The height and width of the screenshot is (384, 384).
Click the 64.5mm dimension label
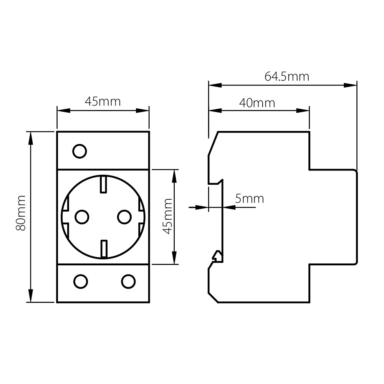pyautogui.click(x=286, y=76)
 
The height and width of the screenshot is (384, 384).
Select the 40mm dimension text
pyautogui.click(x=257, y=103)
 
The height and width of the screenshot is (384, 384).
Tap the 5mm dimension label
pyautogui.click(x=250, y=199)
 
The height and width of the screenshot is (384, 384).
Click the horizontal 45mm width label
pyautogui.click(x=103, y=101)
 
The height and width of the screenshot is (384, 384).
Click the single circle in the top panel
pyautogui.click(x=79, y=151)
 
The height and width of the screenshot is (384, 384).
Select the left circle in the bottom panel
pyautogui.click(x=81, y=281)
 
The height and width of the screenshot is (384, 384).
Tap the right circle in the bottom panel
pyautogui.click(x=128, y=281)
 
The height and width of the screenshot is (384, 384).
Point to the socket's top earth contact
pyautogui.click(x=103, y=184)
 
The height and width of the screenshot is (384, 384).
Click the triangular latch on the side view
pyautogui.click(x=217, y=256)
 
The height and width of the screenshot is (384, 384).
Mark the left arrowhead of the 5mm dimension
pyautogui.click(x=202, y=207)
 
